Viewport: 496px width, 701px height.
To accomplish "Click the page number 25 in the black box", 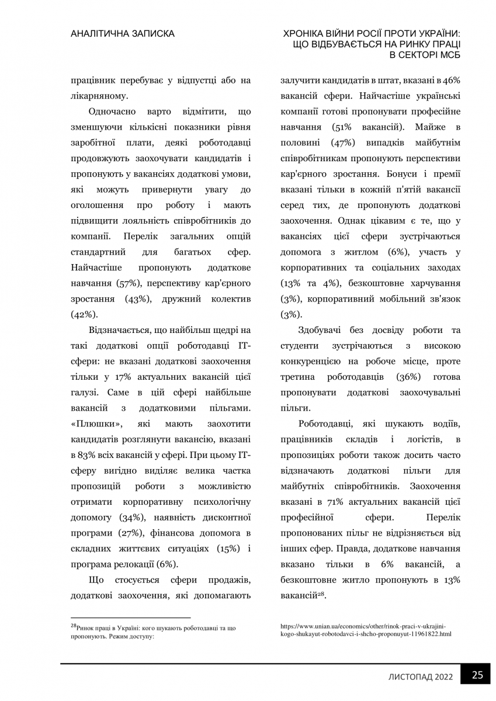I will (x=477, y=675).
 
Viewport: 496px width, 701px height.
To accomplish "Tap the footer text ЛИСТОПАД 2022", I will (x=421, y=677).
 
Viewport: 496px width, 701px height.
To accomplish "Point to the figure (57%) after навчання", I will (x=127, y=283).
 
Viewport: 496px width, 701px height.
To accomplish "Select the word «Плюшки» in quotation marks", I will (x=96, y=423).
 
